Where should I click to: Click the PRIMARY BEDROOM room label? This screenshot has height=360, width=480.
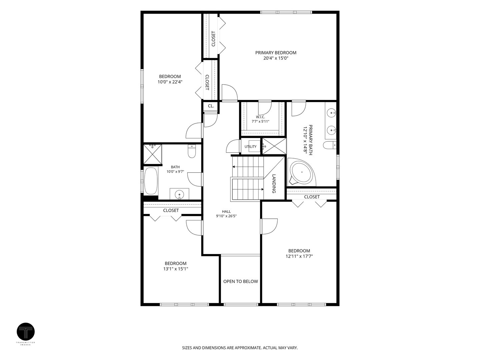pos(276,53)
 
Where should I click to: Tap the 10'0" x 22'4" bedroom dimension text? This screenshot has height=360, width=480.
pos(170,82)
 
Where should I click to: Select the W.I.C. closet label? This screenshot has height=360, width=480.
pos(260,117)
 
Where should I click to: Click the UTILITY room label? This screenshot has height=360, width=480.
pos(250,147)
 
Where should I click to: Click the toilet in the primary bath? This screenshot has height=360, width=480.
pos(330,145)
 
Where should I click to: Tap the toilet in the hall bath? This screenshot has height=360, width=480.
pos(192,151)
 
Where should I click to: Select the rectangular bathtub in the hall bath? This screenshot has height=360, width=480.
pos(151,181)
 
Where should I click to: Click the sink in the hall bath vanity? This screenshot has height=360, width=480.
pos(179,194)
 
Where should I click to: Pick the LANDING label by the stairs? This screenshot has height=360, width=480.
pos(274,184)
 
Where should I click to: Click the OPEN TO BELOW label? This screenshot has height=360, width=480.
pos(241,281)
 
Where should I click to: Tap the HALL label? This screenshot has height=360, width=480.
pos(226,211)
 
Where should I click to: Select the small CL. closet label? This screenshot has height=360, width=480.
pos(211,106)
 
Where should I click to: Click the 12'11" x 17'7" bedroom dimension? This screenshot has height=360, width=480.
pos(299,256)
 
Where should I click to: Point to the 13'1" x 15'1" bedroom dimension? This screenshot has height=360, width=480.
pos(176,269)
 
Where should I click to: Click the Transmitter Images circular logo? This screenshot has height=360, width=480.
pos(26,332)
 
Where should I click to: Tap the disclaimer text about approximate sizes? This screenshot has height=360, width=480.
pos(240,348)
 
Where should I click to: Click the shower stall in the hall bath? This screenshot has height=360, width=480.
pos(153,154)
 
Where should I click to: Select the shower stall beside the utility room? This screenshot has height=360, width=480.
pos(274,146)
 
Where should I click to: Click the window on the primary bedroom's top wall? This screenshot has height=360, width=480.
pos(286,12)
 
